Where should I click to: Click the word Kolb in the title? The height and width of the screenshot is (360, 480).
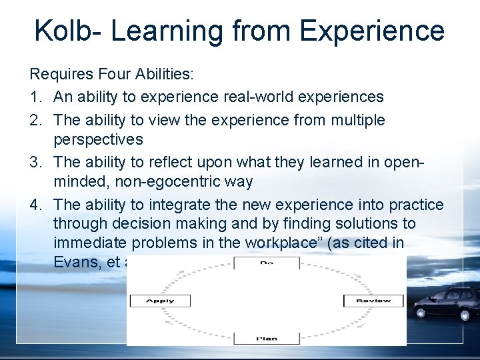61,31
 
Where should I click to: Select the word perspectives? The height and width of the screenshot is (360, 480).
98,139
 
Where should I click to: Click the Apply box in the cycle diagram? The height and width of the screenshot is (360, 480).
160,301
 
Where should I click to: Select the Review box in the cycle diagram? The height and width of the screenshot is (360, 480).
373,301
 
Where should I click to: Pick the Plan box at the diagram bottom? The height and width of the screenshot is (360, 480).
266,338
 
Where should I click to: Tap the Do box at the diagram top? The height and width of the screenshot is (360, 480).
266,263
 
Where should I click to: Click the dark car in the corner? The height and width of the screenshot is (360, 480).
446,304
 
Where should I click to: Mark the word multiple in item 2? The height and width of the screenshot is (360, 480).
352,120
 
